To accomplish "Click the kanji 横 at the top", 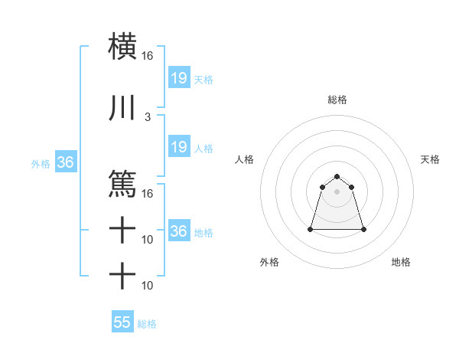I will coord(122,45).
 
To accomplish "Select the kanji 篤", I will coord(122,184).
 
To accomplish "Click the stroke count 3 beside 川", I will coord(147,117).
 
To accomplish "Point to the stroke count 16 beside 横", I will coord(147,56).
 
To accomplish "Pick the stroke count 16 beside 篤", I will coord(147,193).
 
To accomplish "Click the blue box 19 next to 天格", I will coord(178,78).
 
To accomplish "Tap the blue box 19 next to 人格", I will coord(178,147).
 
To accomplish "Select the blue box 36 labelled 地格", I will coord(178,231).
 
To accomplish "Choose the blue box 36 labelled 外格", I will coord(65,162).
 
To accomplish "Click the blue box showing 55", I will coord(122,322).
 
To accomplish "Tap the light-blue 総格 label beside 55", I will coord(147,324).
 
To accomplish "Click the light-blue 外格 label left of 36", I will coord(40,163).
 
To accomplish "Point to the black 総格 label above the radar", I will coord(337,100).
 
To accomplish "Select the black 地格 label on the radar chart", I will coord(401,262).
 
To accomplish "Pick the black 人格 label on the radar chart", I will coord(245,159).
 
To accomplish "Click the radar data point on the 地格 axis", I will coord(363,229).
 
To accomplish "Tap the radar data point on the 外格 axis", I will coord(311,229).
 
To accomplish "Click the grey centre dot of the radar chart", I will coord(337,191).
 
